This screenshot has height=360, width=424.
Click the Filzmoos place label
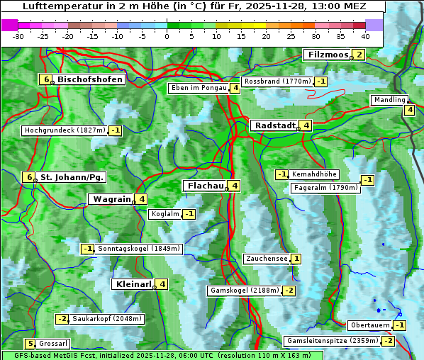coord(328,55)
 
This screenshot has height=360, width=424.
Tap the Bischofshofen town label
coord(90,79)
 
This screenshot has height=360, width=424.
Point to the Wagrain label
coord(111,199)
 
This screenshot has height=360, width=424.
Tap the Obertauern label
coord(369,325)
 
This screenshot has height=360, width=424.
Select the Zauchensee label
coord(266,259)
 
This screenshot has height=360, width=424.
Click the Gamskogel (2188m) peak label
coord(243,291)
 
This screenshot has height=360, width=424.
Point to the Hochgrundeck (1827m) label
coord(64,130)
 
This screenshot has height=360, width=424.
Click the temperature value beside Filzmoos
coord(359,55)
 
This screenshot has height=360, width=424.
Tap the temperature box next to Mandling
coord(409,110)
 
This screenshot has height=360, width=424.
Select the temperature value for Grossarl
coord(30,344)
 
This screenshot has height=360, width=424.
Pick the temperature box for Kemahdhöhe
coord(281,174)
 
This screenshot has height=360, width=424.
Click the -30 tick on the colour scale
coord(18,36)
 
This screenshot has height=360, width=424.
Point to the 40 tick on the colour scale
coord(365,36)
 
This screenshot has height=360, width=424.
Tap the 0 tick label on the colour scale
coord(167,36)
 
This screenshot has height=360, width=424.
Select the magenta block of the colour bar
coord(10,25)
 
